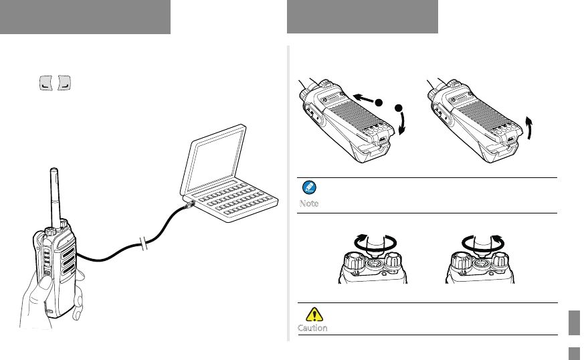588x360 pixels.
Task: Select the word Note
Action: click(x=309, y=203)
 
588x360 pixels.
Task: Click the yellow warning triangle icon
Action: click(x=312, y=314)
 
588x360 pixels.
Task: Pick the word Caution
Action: click(x=312, y=329)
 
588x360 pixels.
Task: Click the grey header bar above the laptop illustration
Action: click(x=85, y=17)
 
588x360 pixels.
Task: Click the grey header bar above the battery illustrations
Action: click(x=362, y=17)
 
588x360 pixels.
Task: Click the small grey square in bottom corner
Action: click(x=573, y=352)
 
